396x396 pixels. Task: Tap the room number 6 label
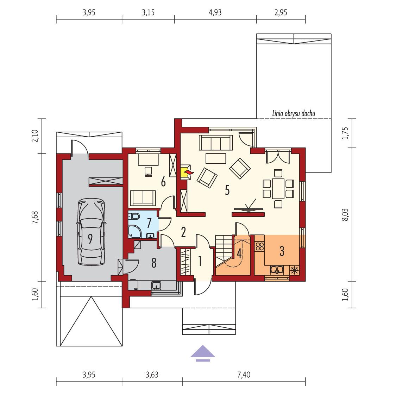coord(163,182)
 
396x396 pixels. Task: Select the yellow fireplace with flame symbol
coord(187,173)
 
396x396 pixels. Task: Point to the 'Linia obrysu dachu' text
coord(294,114)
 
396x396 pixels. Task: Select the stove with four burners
coord(259,246)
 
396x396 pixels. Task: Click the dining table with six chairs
coord(278,188)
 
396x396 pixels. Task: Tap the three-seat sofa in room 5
coord(215,143)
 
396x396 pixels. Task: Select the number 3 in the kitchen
coord(282,251)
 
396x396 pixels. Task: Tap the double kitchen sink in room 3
coord(277,270)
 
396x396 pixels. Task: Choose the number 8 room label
coord(153,264)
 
